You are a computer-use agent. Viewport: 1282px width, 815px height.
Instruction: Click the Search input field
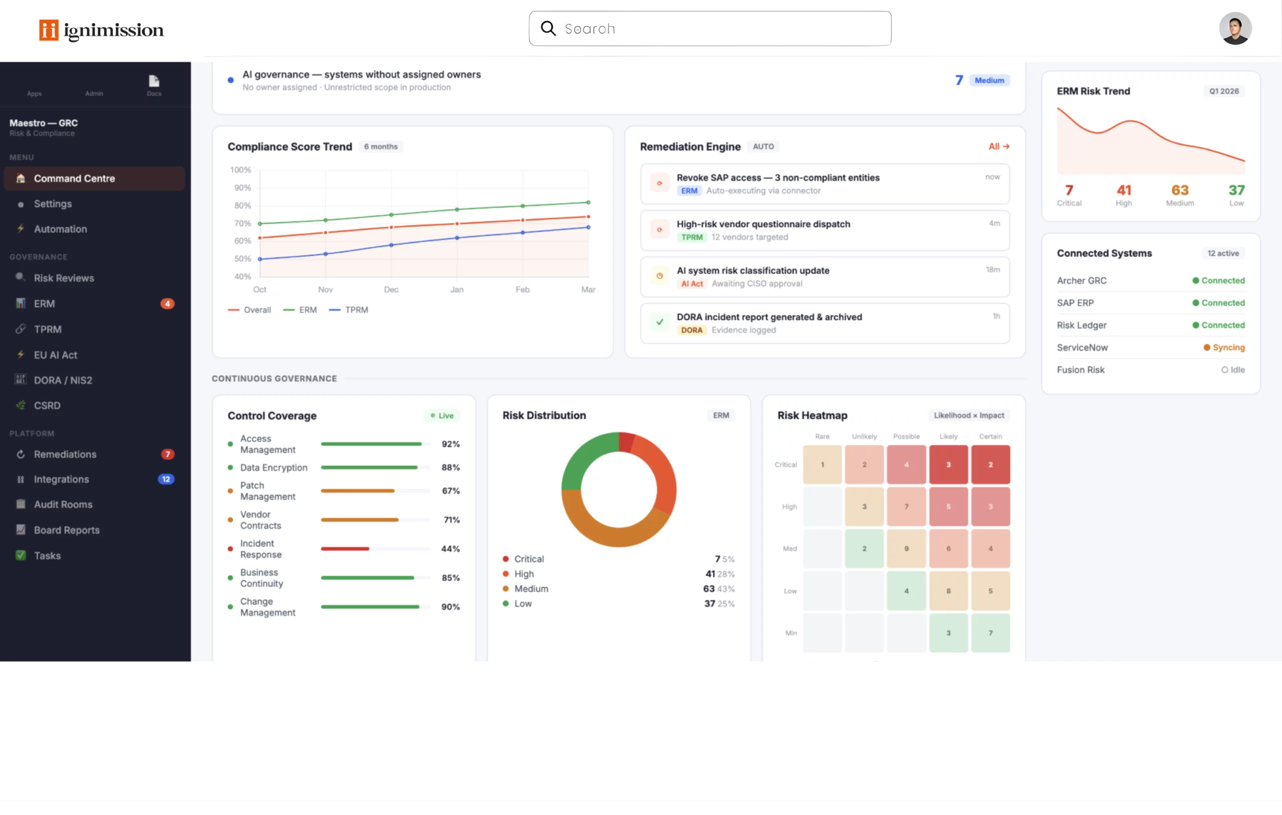point(710,29)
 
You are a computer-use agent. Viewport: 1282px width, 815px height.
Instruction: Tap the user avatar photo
point(1234,29)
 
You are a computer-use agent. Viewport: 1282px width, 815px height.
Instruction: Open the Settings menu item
point(53,204)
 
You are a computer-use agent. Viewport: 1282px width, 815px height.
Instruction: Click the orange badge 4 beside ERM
point(167,303)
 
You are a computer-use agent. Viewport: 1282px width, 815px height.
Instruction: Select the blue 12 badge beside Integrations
point(166,479)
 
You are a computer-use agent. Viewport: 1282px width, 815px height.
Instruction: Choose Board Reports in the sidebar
point(67,530)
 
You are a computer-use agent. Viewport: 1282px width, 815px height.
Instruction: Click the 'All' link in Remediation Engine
point(998,146)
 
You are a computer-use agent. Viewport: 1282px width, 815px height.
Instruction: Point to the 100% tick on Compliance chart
point(241,170)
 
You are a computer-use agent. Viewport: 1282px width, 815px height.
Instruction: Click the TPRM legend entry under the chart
point(349,310)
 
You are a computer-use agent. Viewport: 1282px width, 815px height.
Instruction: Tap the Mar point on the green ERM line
point(588,202)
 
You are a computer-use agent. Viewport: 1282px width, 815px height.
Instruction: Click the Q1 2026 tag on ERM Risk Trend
point(1223,91)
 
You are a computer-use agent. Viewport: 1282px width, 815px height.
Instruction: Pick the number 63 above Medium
point(1179,190)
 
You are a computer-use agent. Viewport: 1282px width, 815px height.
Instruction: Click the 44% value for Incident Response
point(450,549)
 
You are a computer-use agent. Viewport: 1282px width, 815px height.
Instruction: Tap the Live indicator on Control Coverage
point(442,416)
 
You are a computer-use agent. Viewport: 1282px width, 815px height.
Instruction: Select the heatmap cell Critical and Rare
point(822,465)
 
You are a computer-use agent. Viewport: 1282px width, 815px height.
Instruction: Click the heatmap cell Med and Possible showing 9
point(906,549)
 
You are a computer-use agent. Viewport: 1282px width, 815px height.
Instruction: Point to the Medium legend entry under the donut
point(531,589)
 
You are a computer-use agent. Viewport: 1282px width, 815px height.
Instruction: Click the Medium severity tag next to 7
point(989,81)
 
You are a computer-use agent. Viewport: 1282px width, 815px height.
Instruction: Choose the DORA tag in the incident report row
point(691,330)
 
